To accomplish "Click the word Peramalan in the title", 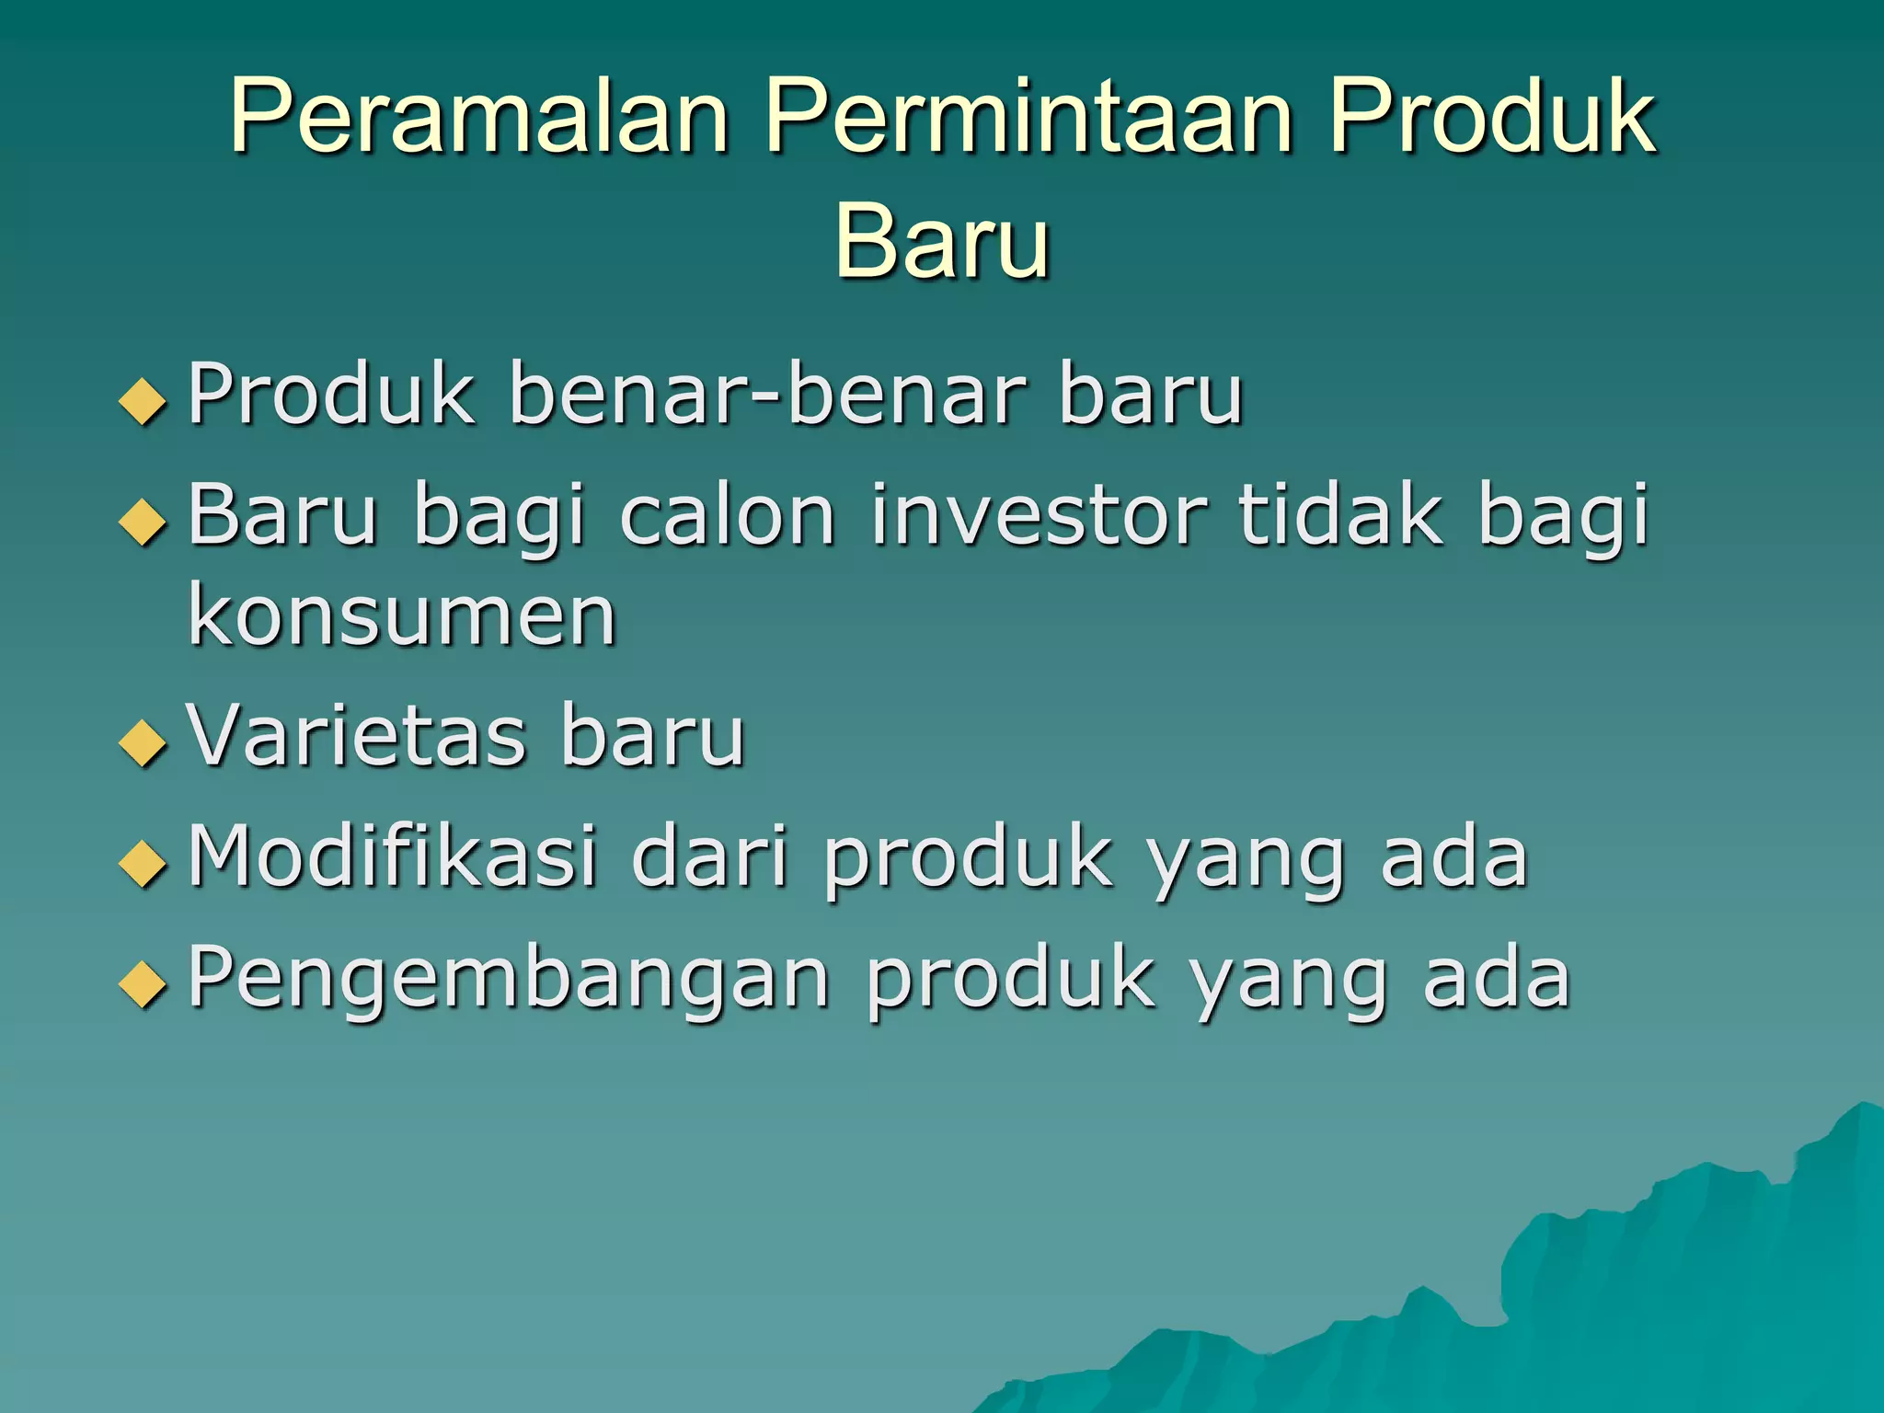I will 478,118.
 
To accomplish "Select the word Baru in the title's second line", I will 942,241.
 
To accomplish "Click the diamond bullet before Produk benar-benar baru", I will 144,402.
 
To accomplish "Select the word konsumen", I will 401,616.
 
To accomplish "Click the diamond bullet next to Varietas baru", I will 144,743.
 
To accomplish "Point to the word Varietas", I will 357,736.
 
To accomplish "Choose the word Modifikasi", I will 392,857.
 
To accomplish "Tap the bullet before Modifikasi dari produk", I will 144,865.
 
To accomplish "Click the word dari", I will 710,857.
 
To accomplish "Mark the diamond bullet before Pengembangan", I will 144,986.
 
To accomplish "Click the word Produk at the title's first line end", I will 1490,118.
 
